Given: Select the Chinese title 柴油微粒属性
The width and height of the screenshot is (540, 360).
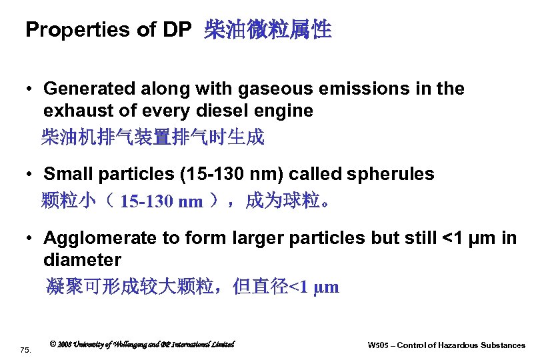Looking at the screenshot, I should pyautogui.click(x=268, y=30).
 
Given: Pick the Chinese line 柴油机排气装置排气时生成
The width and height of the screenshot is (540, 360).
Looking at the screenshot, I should pyautogui.click(x=153, y=137).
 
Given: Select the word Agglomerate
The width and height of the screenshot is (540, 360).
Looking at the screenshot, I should pyautogui.click(x=93, y=238).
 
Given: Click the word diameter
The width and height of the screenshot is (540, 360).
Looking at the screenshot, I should pyautogui.click(x=82, y=259).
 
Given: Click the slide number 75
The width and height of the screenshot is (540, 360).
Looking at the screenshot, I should pyautogui.click(x=25, y=349).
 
